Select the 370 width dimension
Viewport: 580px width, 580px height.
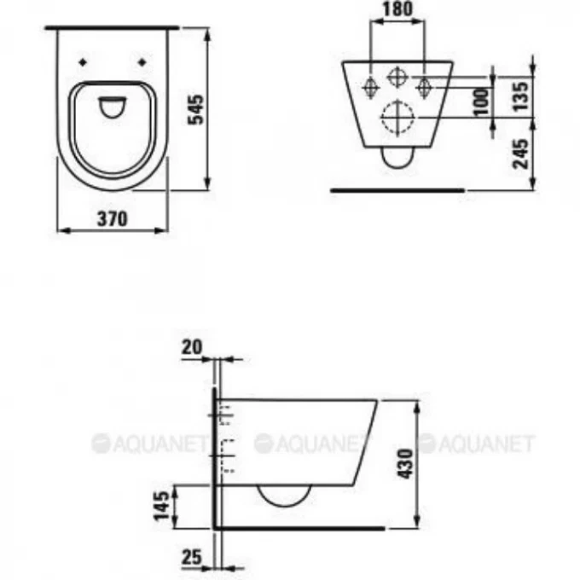(x=111, y=218)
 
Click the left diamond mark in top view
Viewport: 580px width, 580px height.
(x=82, y=62)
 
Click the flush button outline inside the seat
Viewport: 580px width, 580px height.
(x=112, y=107)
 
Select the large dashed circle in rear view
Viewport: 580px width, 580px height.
(x=395, y=119)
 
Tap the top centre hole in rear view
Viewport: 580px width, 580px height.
(x=396, y=75)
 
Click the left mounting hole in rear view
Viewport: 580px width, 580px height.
(x=369, y=86)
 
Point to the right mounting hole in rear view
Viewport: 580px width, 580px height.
(x=423, y=86)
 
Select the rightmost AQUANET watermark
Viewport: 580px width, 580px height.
(x=476, y=444)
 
